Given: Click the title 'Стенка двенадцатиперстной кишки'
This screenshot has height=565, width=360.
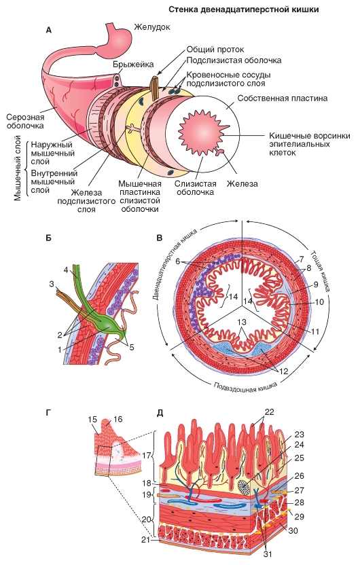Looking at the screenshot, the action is [244, 10].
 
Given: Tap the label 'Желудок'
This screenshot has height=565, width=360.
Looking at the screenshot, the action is [152, 27].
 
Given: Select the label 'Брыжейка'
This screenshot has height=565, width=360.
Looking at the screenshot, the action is [133, 64].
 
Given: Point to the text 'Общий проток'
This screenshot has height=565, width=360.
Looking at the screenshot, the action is [215, 50].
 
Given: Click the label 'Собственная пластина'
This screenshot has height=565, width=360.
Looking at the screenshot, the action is [282, 98].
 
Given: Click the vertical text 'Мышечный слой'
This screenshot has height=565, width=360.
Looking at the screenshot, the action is [18, 168].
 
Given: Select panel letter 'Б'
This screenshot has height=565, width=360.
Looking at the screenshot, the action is [50, 238].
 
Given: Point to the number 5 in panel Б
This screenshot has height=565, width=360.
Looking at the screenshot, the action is [132, 348].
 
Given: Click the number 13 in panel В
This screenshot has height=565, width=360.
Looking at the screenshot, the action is [242, 321].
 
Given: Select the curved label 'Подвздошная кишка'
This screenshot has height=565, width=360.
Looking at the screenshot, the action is [245, 388].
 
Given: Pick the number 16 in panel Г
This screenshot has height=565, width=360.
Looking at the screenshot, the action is [118, 419].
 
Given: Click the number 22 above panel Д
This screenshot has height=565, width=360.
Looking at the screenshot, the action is [269, 412].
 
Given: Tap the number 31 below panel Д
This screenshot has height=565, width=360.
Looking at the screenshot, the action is [268, 554].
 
